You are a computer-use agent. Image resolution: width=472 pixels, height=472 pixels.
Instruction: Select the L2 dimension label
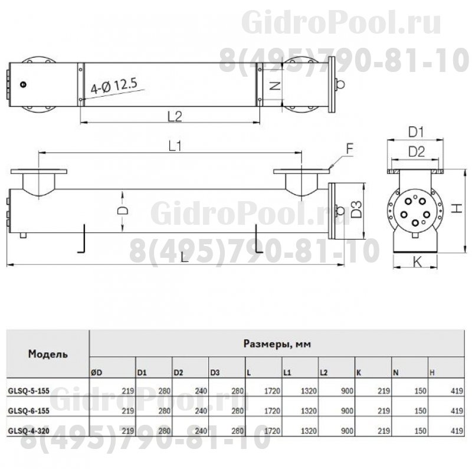pyautogui.click(x=173, y=116)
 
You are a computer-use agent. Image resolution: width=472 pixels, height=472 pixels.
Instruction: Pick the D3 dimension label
pyautogui.click(x=354, y=210)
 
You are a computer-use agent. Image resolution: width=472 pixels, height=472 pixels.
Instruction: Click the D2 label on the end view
pyautogui.click(x=417, y=152)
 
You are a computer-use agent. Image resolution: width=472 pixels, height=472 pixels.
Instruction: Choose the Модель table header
pyautogui.click(x=47, y=354)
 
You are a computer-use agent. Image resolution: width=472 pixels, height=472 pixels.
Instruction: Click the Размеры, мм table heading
pyautogui.click(x=276, y=343)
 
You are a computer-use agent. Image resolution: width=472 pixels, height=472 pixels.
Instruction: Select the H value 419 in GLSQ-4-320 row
pyautogui.click(x=456, y=431)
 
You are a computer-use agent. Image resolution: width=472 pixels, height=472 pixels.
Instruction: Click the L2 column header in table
pyautogui.click(x=324, y=372)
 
